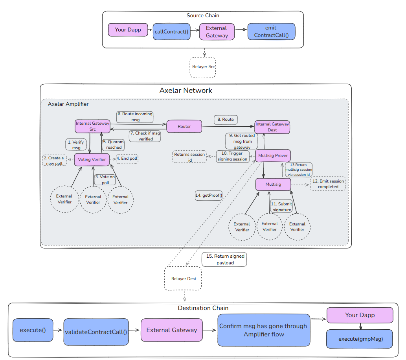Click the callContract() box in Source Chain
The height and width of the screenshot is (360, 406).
(x=171, y=31)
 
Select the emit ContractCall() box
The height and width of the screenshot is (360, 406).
(x=271, y=31)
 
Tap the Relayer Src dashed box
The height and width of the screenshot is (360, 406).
(x=203, y=66)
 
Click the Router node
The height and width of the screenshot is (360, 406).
(x=184, y=126)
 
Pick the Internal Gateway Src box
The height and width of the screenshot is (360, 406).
(x=92, y=126)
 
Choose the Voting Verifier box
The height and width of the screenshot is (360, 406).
(x=92, y=159)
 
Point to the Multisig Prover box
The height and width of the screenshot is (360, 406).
(x=273, y=155)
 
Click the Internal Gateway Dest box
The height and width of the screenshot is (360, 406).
(x=272, y=127)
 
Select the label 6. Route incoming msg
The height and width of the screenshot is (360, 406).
(x=134, y=116)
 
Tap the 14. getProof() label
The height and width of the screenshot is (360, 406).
(x=209, y=195)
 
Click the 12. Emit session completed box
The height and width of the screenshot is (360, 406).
(x=328, y=184)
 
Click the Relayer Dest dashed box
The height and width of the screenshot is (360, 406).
(x=183, y=279)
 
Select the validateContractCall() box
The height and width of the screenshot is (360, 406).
(x=96, y=332)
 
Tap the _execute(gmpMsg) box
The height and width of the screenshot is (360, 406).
(x=359, y=339)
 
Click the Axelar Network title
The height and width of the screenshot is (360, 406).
(x=186, y=90)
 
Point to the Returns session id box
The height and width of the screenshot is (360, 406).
(x=189, y=157)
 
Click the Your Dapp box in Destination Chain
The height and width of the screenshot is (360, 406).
(x=360, y=315)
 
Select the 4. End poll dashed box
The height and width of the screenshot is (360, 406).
(x=127, y=159)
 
